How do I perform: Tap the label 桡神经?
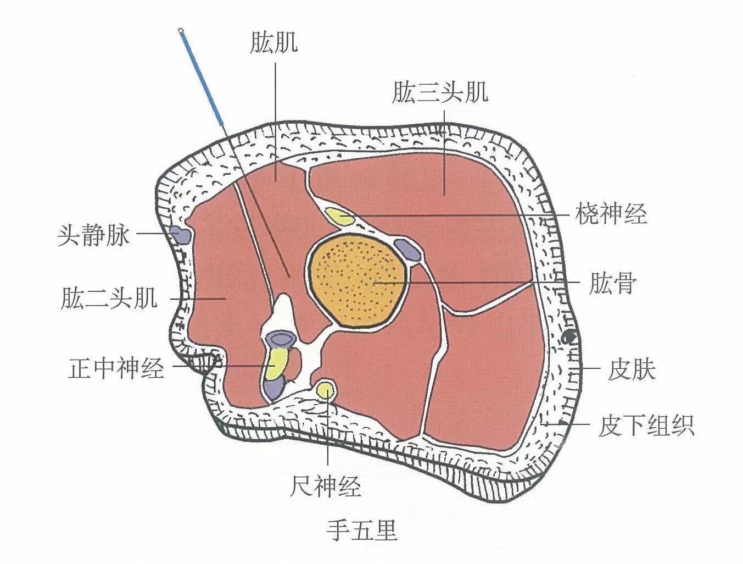pyautogui.click(x=611, y=213)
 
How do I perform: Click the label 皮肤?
pyautogui.click(x=632, y=370)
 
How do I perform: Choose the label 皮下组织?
pyautogui.click(x=646, y=425)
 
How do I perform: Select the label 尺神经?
pyautogui.click(x=326, y=486)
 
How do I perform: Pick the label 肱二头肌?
pyautogui.click(x=109, y=299)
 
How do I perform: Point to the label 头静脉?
pyautogui.click(x=94, y=235)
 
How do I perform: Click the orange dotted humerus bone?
pyautogui.click(x=358, y=280)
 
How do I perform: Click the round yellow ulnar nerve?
pyautogui.click(x=327, y=390)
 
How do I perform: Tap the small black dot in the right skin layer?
pyautogui.click(x=570, y=336)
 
